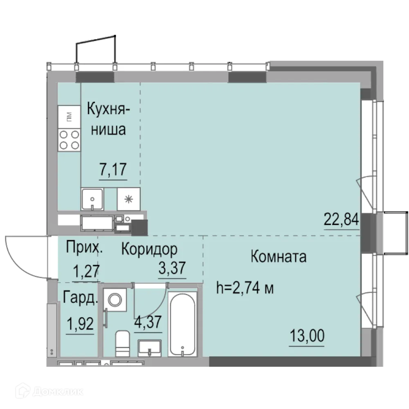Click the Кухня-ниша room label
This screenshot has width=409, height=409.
(x=109, y=119)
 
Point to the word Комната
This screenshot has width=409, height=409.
(x=278, y=257)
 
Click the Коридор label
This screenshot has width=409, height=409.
(x=149, y=249)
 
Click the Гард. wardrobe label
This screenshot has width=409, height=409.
(x=81, y=298)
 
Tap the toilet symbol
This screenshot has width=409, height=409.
(x=122, y=344)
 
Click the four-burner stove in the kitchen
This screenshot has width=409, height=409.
(x=69, y=139)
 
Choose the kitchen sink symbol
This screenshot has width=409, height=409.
(x=92, y=199)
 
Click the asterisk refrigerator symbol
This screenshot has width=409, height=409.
(x=129, y=199)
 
